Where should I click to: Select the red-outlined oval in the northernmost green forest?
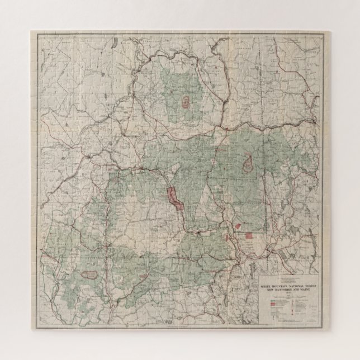tap(184, 102)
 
